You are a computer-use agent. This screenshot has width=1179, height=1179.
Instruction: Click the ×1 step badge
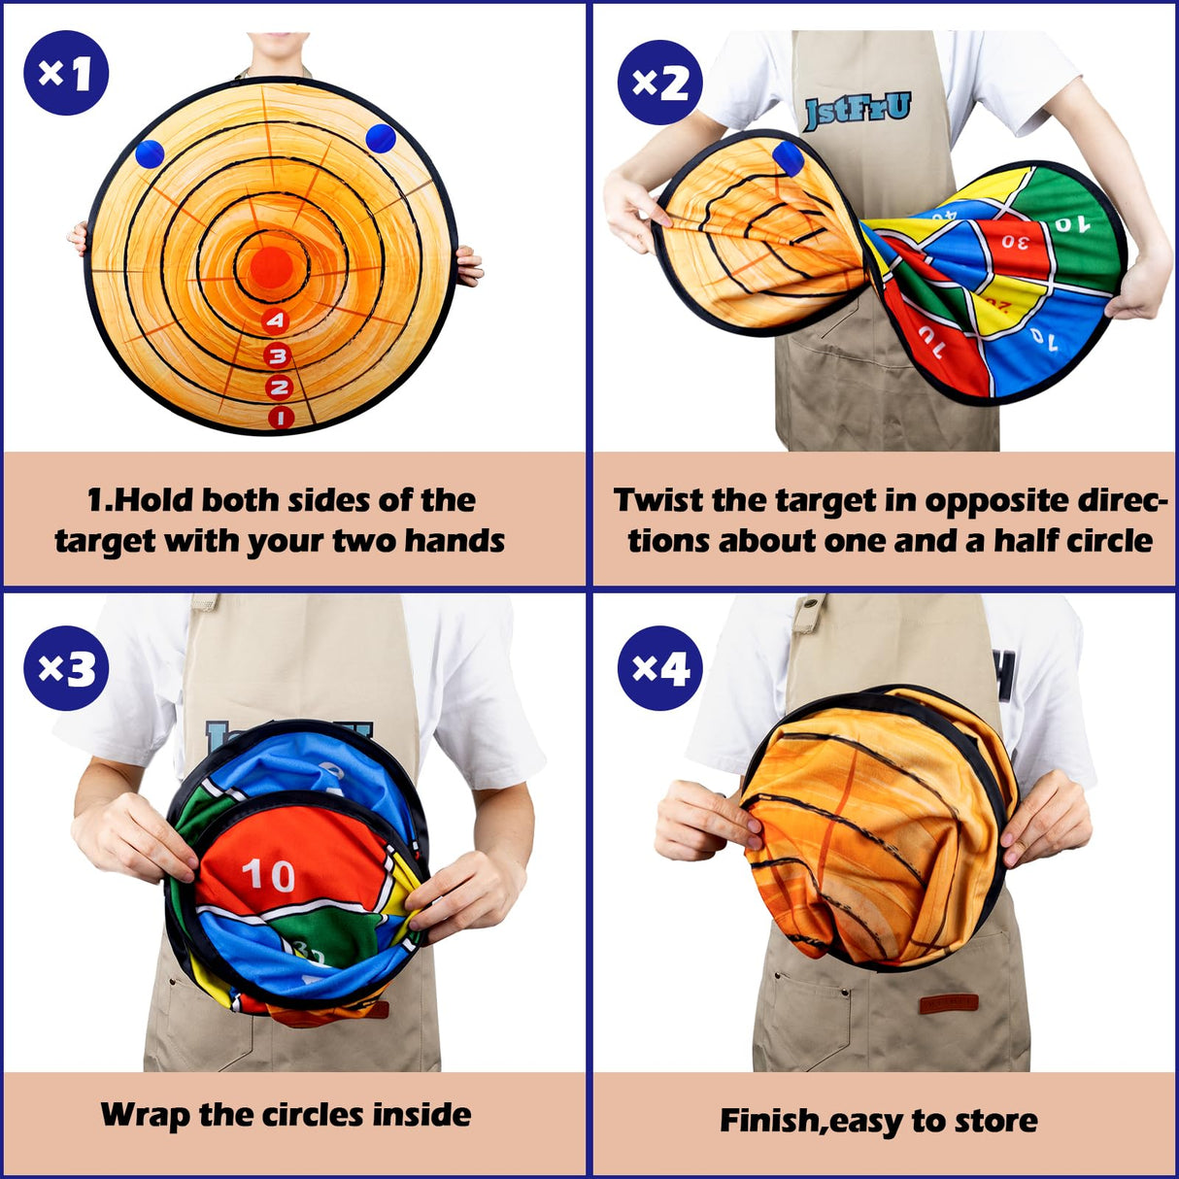(x=66, y=73)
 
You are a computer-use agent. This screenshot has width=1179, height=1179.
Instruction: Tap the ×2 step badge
(x=660, y=83)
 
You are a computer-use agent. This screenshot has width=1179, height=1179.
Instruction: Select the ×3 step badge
(x=66, y=668)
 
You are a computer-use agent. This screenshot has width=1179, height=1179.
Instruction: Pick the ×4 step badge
(x=660, y=668)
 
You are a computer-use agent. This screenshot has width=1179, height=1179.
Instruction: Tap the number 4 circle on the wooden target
(x=277, y=320)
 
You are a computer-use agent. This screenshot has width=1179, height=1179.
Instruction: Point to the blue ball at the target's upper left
(x=151, y=153)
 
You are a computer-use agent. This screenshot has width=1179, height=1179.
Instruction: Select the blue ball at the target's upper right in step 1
(x=380, y=137)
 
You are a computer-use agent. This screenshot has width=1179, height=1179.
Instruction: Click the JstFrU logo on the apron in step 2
(x=857, y=110)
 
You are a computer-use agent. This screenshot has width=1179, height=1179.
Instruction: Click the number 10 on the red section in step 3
(x=268, y=875)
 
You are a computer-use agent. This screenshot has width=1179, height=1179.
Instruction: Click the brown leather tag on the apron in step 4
(x=949, y=1003)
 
